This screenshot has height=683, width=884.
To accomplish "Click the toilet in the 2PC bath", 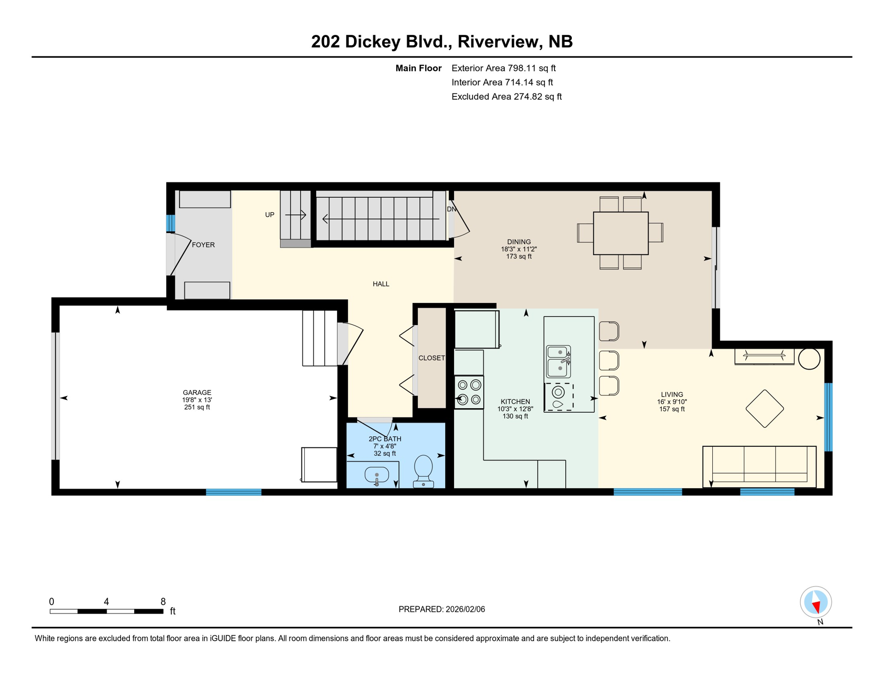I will coord(423,471).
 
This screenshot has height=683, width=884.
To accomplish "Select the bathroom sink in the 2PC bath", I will coord(377,475).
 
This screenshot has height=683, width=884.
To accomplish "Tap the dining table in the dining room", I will coord(621,233).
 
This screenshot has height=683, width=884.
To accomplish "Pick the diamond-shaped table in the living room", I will coord(764,408).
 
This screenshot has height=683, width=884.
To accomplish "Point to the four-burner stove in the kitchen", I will coord(469,392).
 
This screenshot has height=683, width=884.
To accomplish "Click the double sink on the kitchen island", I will coord(559,361).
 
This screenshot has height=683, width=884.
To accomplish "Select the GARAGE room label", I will coord(197,392).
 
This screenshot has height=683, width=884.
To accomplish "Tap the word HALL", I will coord(381,284).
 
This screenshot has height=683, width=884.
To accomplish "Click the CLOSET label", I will coord(431,358).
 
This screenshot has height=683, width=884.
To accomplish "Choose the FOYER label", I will coord(203,245).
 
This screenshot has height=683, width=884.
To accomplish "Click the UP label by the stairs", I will coord(269,215).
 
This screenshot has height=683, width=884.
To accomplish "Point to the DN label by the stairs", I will coord(451,209).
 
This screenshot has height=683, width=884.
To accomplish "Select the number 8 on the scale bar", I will coord(163,602).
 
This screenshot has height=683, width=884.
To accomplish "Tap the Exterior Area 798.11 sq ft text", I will coord(503,68).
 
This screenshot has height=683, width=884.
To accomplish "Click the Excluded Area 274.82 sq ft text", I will coord(506,96).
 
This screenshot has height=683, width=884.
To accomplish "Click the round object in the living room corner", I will coord(809,358).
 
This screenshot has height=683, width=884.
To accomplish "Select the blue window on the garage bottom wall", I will coord(233,492).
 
